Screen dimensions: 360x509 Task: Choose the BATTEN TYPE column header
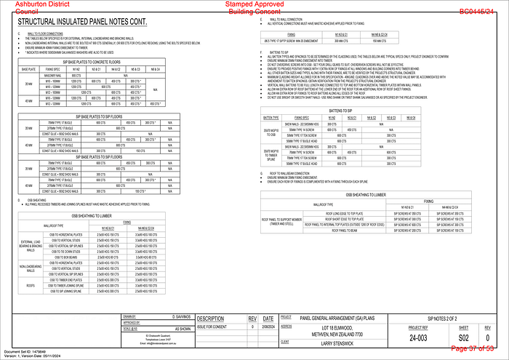271,117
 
